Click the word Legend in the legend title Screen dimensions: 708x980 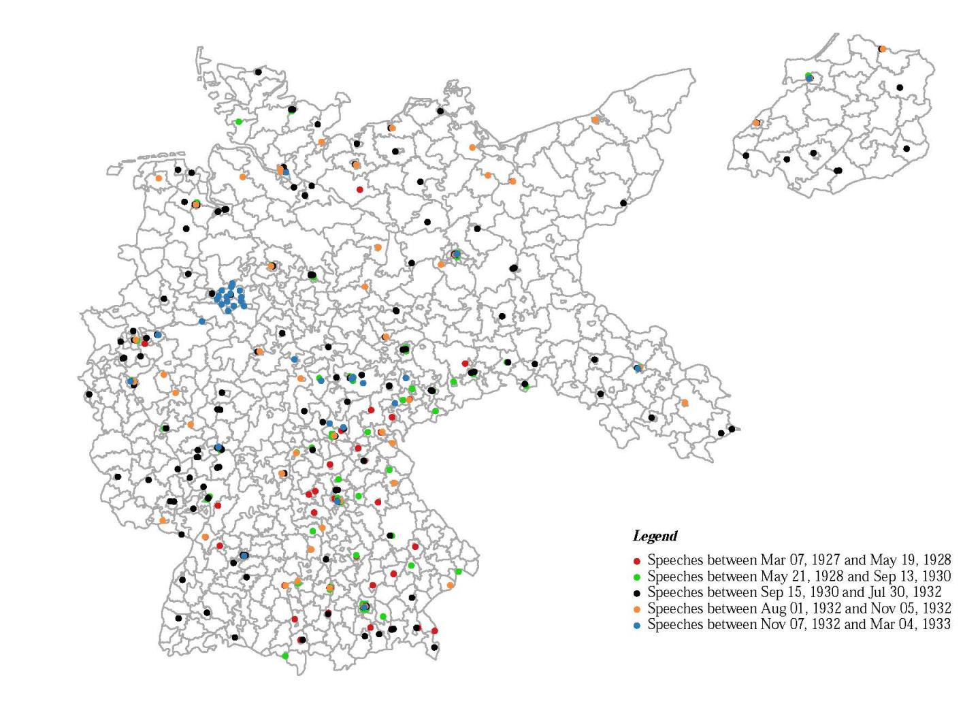tap(655, 536)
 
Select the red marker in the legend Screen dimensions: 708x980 tap(637, 561)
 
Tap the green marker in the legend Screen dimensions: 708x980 tap(637, 577)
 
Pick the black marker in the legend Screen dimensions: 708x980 tap(637, 593)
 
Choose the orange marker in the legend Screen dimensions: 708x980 tap(637, 609)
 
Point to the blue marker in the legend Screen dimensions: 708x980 tap(637, 625)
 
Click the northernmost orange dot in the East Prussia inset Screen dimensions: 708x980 tap(882, 49)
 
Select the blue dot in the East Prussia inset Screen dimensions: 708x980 tap(809, 78)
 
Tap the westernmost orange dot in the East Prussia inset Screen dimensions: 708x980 tap(756, 123)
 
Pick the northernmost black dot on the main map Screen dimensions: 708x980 tap(258, 71)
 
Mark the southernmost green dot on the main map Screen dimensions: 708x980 tap(285, 656)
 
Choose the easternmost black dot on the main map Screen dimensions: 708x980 tap(732, 429)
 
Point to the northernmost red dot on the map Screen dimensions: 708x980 tap(360, 189)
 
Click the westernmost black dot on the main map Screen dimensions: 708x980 tap(88, 394)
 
